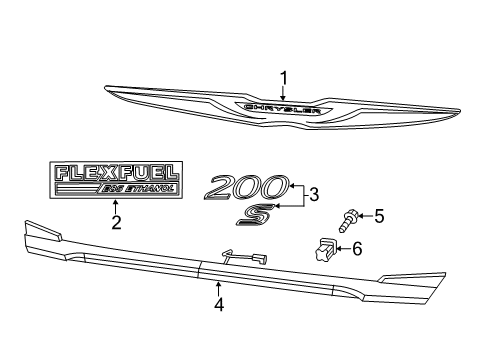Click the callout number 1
point(283,77)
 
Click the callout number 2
point(115,222)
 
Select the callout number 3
point(314,195)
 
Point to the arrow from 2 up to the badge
point(115,206)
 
